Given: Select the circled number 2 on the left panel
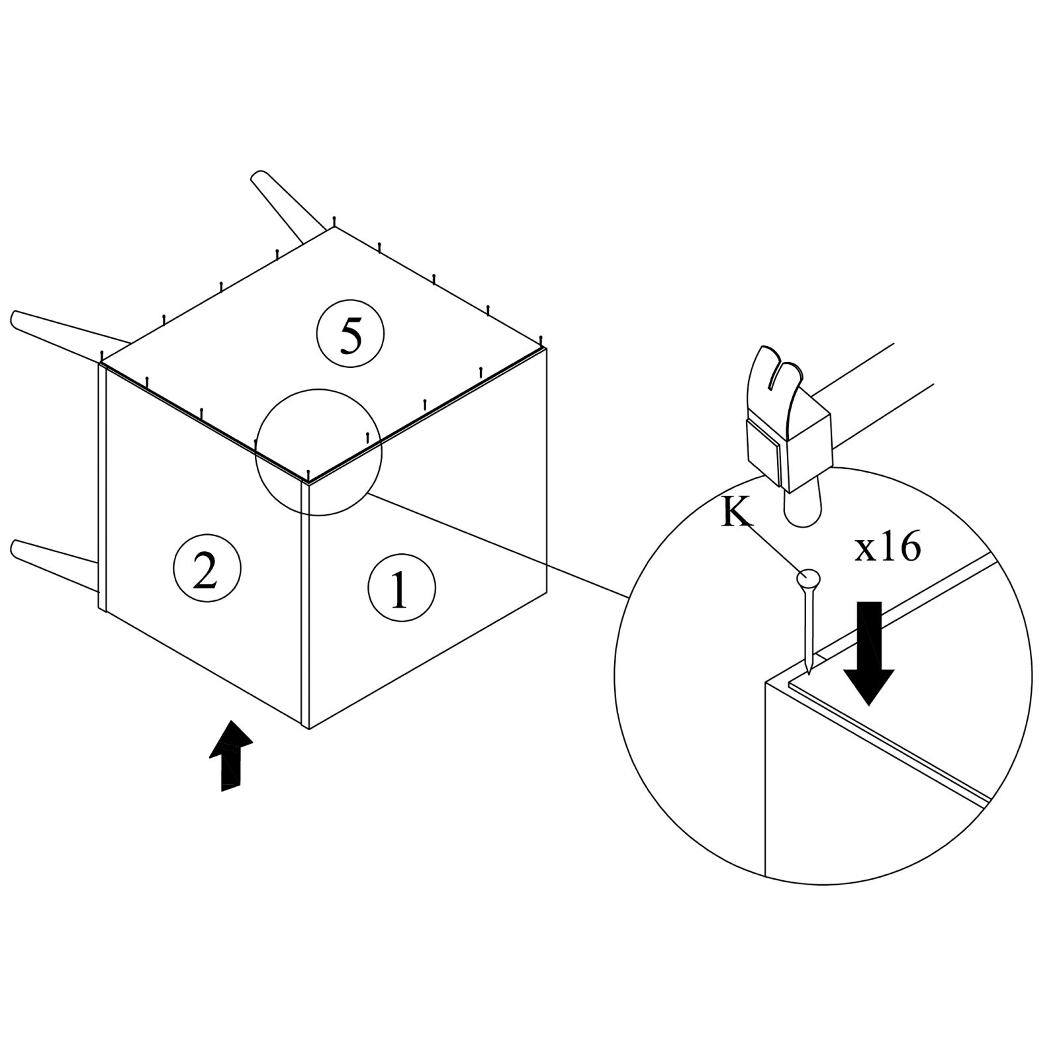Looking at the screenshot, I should click(206, 569).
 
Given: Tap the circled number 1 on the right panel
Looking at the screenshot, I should click(401, 588).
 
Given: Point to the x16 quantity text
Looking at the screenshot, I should click(887, 548).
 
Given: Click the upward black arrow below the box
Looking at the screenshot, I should click(230, 755).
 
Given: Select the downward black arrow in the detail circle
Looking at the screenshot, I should click(868, 652).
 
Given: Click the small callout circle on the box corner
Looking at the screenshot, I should click(318, 451).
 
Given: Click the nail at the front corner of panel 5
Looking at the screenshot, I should click(308, 475).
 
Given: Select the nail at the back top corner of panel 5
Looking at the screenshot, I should click(335, 221).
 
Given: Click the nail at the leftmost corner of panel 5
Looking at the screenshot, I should click(102, 356).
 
